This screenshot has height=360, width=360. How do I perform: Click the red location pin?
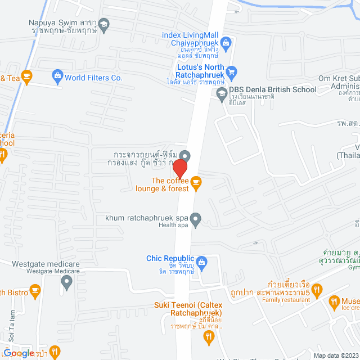coord(179,169)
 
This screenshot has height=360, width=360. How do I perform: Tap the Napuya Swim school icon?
coord(104,24)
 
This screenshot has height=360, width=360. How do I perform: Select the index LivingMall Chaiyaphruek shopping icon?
coord(226,42)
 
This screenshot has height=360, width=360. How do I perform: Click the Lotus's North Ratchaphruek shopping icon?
coord(231,71)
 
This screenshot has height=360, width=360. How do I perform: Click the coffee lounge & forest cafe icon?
coord(196,181)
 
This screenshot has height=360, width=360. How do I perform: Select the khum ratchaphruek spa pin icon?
coord(196,219)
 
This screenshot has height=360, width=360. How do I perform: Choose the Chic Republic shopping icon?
coord(202,262)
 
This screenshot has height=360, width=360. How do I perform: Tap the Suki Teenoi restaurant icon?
coord(209,336)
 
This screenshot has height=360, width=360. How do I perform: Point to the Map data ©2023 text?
coord(335,355)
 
